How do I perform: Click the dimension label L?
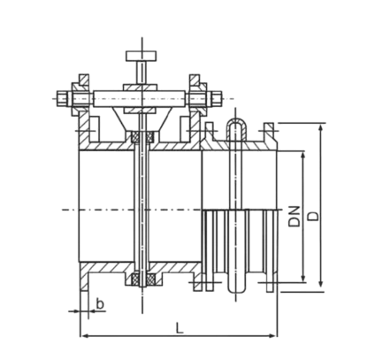[x=180, y=328]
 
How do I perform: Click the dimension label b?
[x=100, y=303]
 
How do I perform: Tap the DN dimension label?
[x=295, y=216]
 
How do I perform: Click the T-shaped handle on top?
[x=142, y=56]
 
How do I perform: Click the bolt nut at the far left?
[x=62, y=98]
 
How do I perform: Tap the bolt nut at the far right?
[x=216, y=98]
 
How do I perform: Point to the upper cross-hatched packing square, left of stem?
[x=135, y=138]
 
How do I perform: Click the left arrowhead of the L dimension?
[x=85, y=335]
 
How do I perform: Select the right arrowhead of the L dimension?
[x=272, y=335]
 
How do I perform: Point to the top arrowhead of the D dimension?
[x=321, y=128]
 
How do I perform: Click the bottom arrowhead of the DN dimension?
[x=302, y=278]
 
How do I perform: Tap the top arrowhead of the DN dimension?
[x=302, y=157]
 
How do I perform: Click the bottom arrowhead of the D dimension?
[x=321, y=282]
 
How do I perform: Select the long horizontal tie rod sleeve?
[x=140, y=98]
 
